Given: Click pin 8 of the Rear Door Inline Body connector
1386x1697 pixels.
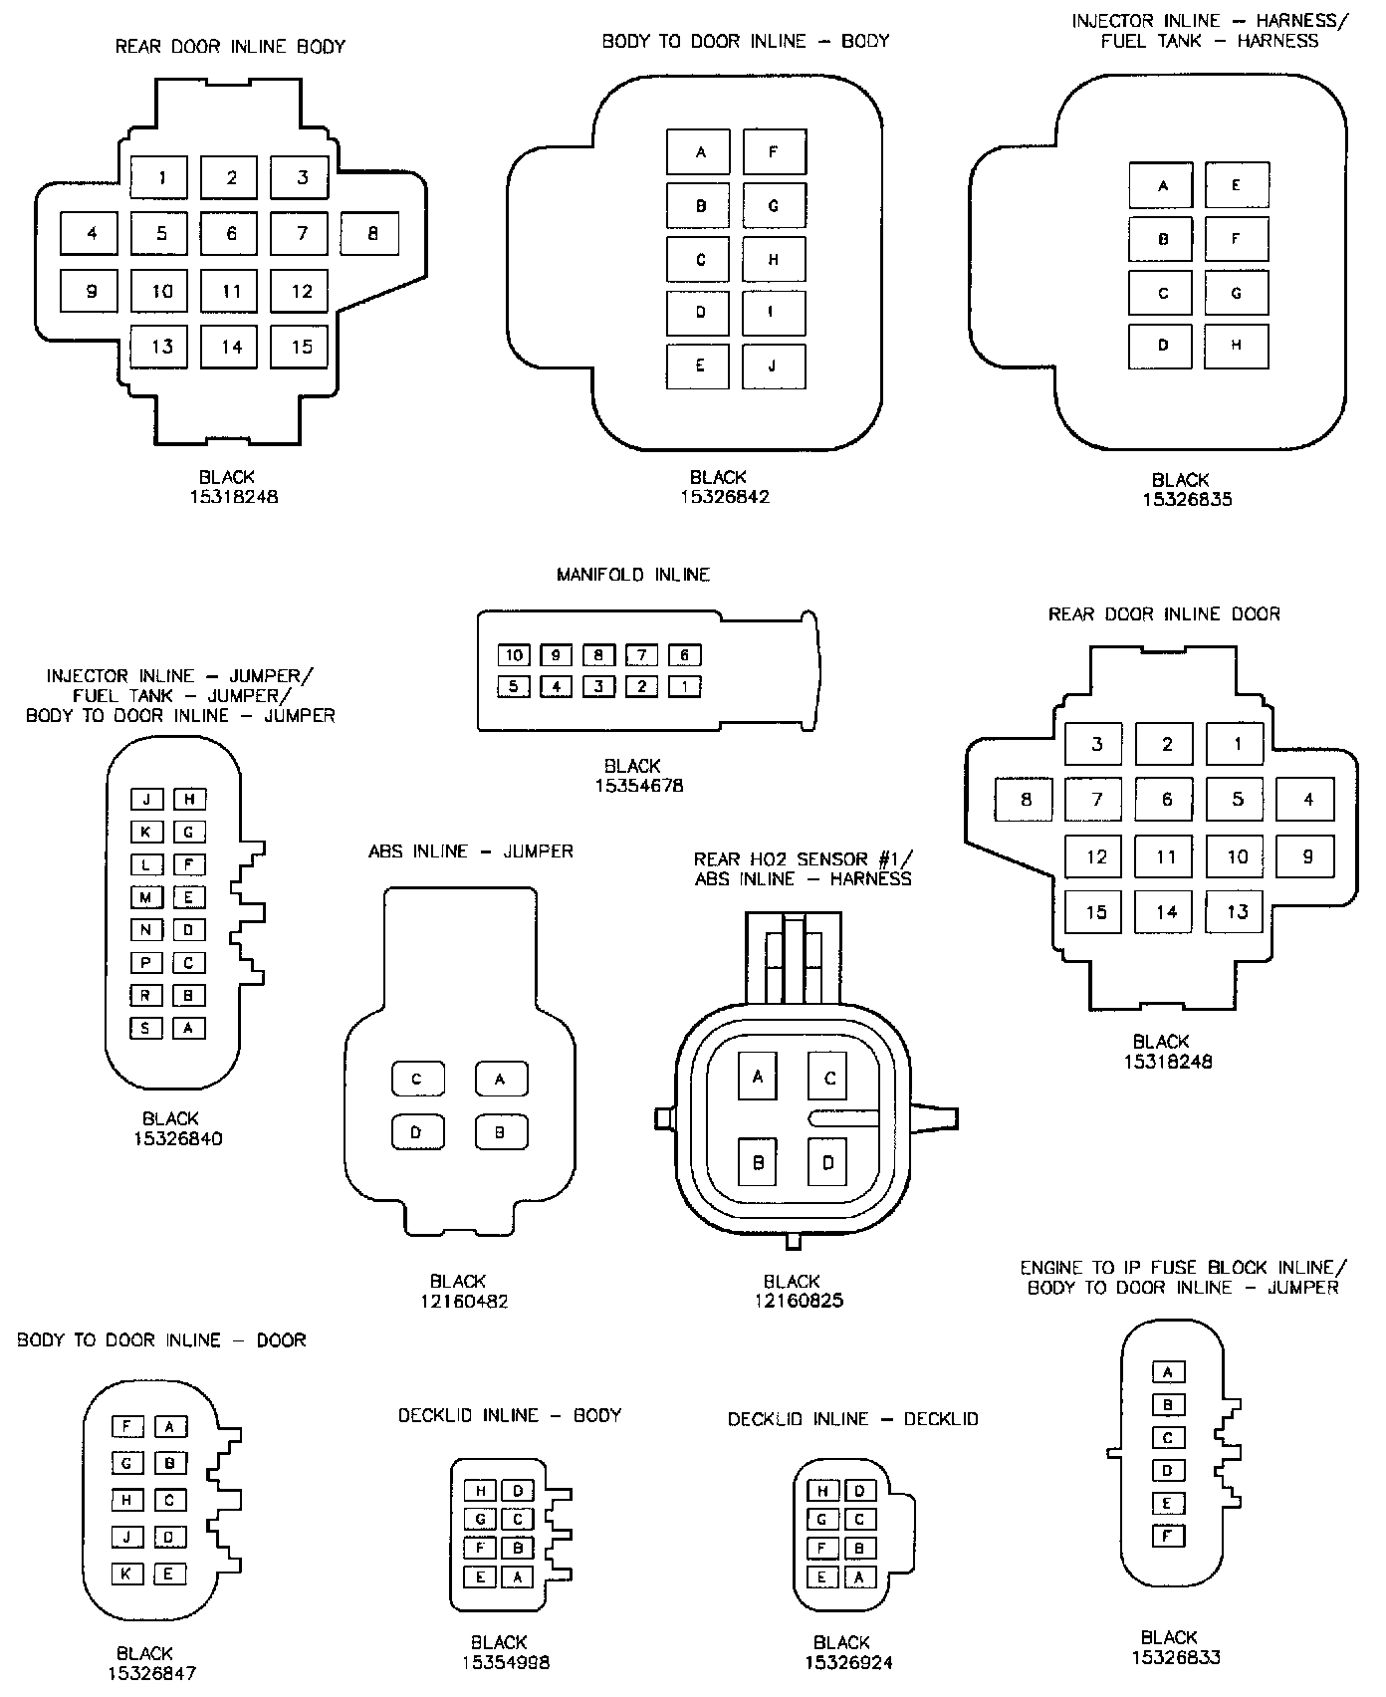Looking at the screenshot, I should (370, 234).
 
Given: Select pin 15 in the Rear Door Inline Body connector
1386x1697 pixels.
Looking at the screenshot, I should (301, 347).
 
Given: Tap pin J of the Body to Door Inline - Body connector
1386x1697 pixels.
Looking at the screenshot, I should (774, 365).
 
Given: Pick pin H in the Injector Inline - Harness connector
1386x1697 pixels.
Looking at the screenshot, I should (1236, 346).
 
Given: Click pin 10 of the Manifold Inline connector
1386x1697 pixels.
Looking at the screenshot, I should (514, 655).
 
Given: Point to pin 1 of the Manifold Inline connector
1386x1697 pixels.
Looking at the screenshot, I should (685, 686).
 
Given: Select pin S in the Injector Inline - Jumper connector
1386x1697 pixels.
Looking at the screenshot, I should (146, 1028).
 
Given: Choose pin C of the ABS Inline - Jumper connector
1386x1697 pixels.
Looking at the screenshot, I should (417, 1079).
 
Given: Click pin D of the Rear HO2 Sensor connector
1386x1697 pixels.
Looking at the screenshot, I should (827, 1162).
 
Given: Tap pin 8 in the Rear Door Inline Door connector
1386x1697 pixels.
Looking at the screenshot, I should (1026, 799).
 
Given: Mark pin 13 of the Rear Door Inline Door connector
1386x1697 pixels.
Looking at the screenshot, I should (1237, 912).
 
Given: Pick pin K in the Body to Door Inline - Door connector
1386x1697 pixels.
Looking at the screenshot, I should (127, 1574).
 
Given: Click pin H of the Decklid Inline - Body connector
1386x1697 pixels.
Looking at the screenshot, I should (481, 1491).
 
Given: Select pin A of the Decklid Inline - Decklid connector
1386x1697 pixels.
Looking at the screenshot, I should (859, 1577).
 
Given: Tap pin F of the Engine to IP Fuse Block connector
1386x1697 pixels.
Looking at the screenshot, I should (1168, 1536).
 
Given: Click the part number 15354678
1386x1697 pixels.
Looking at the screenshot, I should (638, 786).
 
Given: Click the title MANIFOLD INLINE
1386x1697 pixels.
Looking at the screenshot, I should (633, 575).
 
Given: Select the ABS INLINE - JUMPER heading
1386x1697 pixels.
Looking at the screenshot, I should (471, 851).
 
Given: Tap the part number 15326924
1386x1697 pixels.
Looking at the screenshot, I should (848, 1662).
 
